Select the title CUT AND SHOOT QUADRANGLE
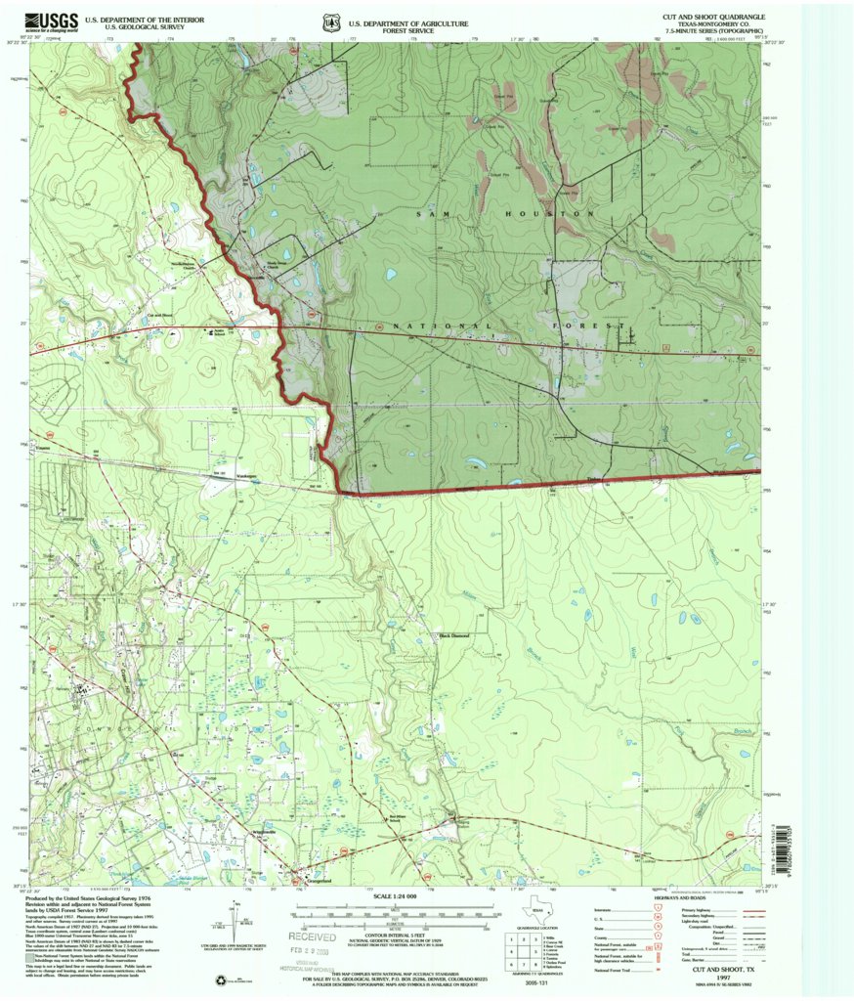tap(713, 17)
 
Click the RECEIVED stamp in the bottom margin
tap(316, 936)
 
